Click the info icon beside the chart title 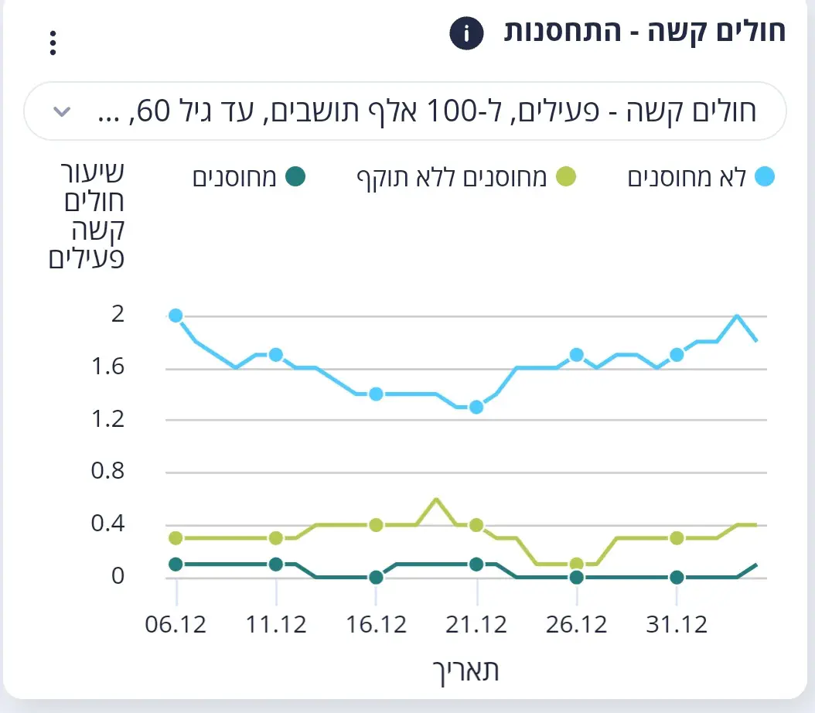point(466,33)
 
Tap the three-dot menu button point(53,43)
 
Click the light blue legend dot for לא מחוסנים point(764,177)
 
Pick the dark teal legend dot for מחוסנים point(295,177)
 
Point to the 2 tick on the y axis point(118,315)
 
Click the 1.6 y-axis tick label point(107,367)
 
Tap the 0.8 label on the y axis point(107,472)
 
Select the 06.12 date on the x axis point(176,624)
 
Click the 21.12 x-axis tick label point(476,624)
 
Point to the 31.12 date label point(677,624)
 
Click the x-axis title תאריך point(464,670)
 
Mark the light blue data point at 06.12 point(176,316)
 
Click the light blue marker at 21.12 point(476,407)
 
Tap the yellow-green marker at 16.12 point(376,525)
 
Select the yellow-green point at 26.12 point(577,564)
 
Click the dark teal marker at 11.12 point(276,564)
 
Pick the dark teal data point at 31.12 point(677,577)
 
